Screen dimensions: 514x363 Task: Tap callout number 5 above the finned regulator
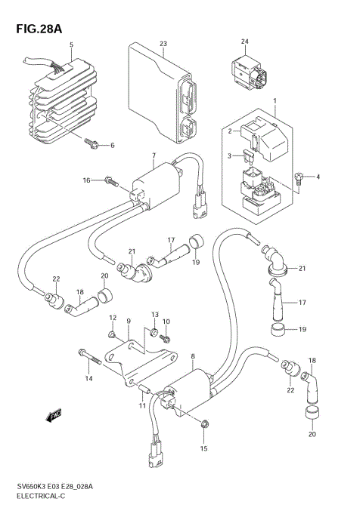(x=71, y=46)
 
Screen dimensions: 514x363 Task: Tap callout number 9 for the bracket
(x=129, y=321)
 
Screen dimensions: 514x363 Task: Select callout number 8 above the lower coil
(x=193, y=356)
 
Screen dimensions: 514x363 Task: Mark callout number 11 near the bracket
(x=141, y=406)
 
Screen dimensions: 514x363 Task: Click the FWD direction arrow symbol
(x=55, y=414)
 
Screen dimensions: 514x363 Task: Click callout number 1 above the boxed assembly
(x=275, y=100)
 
